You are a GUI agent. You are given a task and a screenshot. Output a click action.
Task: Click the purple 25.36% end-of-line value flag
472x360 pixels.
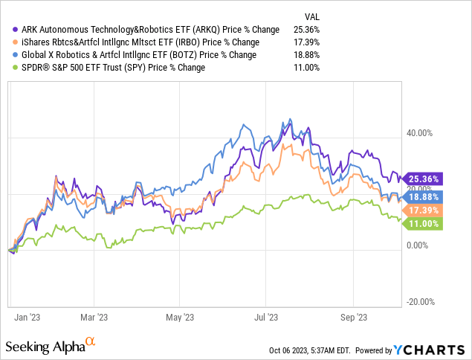point(422,179)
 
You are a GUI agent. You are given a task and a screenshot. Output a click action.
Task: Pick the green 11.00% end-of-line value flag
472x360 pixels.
point(422,223)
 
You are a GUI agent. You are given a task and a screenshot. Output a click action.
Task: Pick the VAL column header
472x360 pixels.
point(314,16)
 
